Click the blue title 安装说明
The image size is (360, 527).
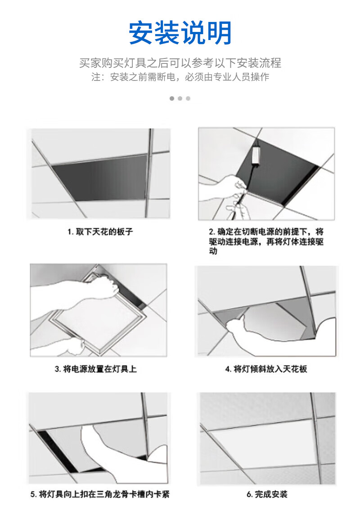[180, 33]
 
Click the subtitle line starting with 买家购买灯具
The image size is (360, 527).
[180, 63]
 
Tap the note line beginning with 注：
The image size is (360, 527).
[180, 77]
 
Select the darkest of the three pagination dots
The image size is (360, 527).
[172, 98]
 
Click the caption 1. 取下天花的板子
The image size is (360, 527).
[100, 232]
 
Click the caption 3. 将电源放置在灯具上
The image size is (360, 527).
[96, 369]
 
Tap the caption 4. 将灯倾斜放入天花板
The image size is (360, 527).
[266, 369]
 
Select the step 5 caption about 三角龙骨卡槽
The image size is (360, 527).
[100, 494]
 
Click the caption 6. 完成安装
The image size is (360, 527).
[266, 494]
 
